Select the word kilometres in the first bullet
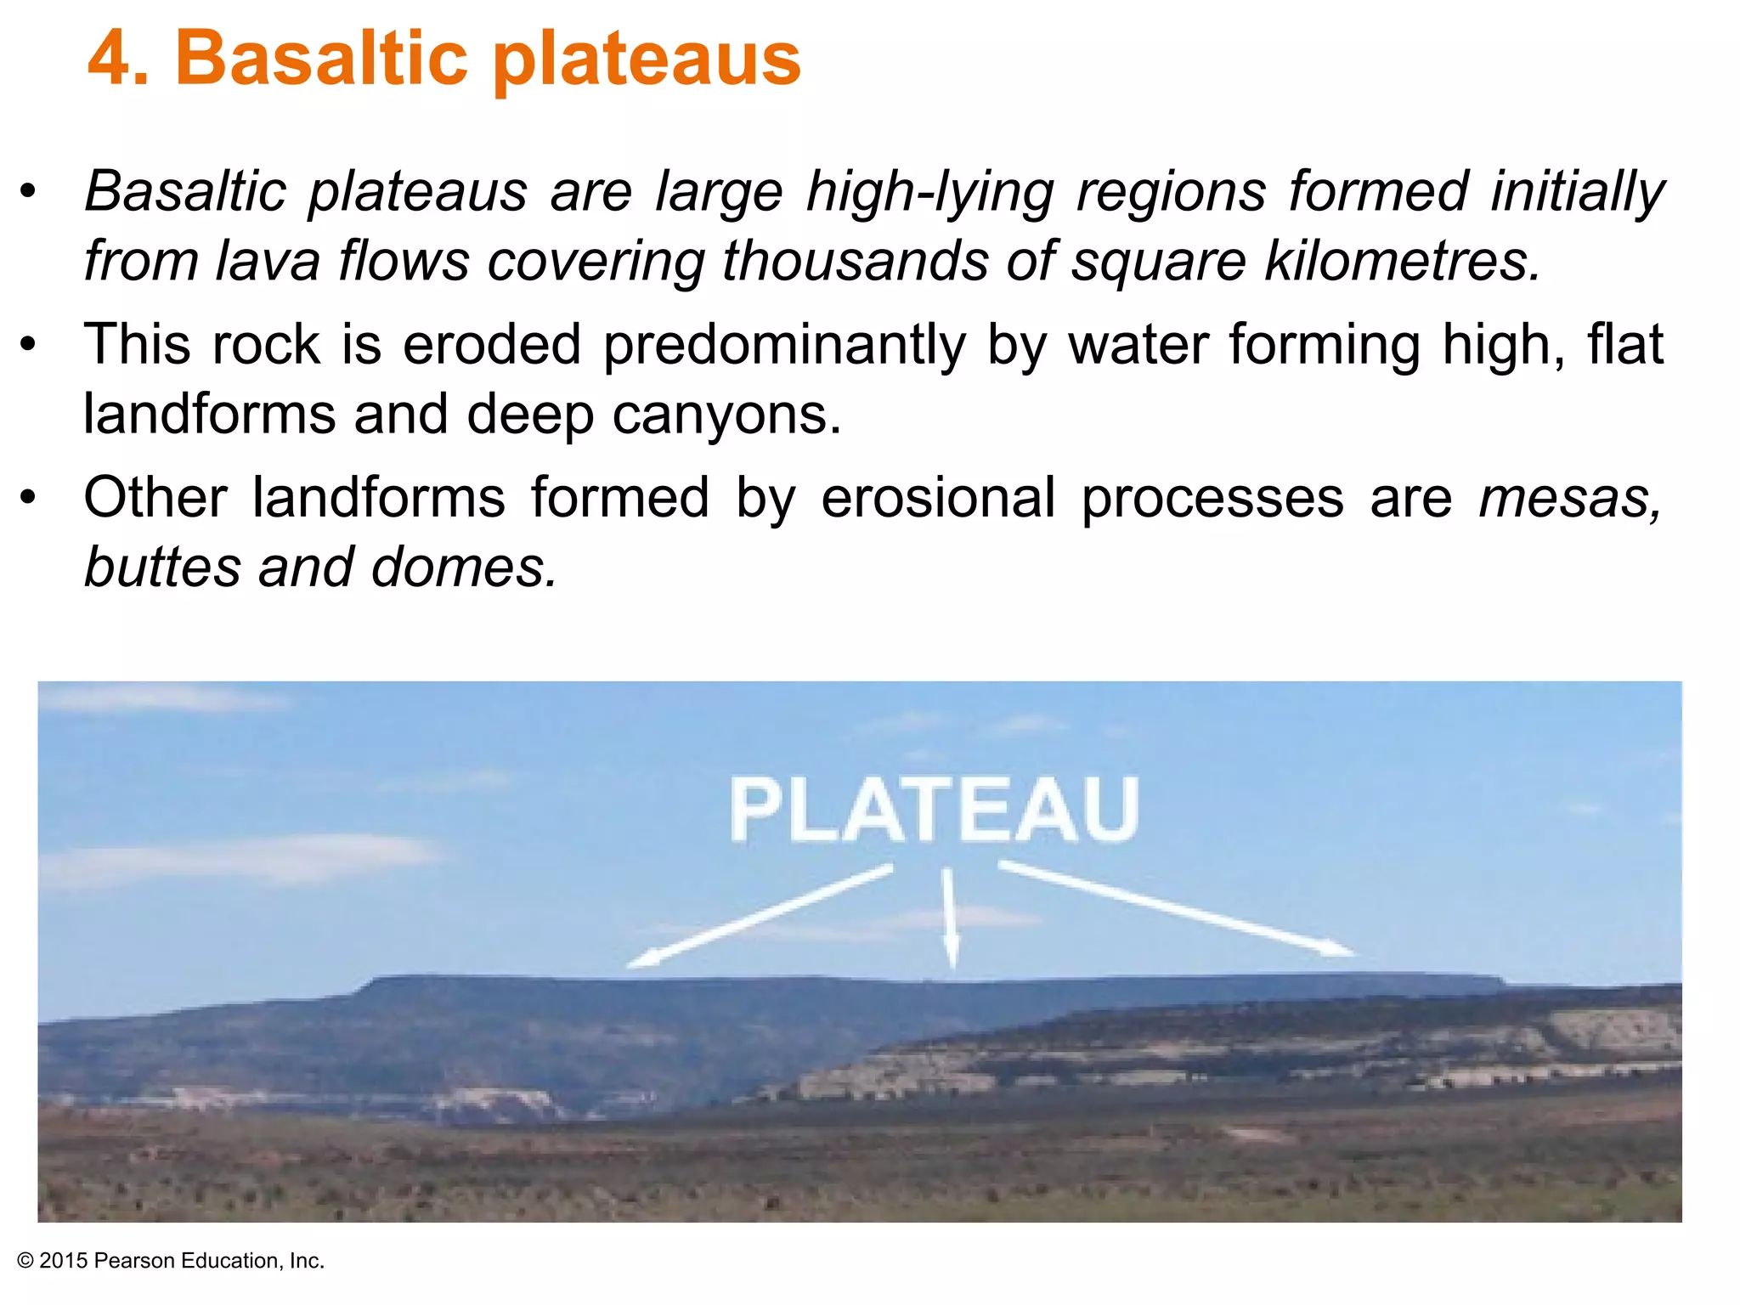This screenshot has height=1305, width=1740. pyautogui.click(x=1402, y=260)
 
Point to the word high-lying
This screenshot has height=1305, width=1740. pyautogui.click(x=929, y=192)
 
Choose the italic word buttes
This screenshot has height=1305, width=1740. pyautogui.click(x=162, y=568)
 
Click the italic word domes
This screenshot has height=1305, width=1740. pyautogui.click(x=464, y=568)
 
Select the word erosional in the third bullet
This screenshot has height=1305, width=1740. pyautogui.click(x=938, y=498)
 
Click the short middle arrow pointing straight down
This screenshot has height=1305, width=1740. pyautogui.click(x=949, y=918)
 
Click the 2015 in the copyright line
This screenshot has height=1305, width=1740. pyautogui.click(x=64, y=1261)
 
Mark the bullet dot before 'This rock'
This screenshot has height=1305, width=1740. pyautogui.click(x=29, y=346)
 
